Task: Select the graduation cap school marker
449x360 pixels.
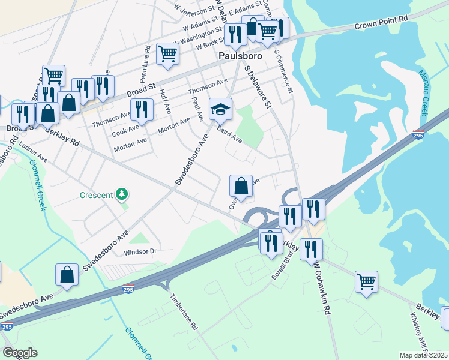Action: pyautogui.click(x=220, y=109)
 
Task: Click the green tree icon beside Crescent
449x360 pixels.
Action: pyautogui.click(x=122, y=194)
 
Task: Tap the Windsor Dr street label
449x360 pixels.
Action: pyautogui.click(x=140, y=251)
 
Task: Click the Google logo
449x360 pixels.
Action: pyautogui.click(x=20, y=352)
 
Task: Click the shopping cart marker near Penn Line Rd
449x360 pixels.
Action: pyautogui.click(x=168, y=53)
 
